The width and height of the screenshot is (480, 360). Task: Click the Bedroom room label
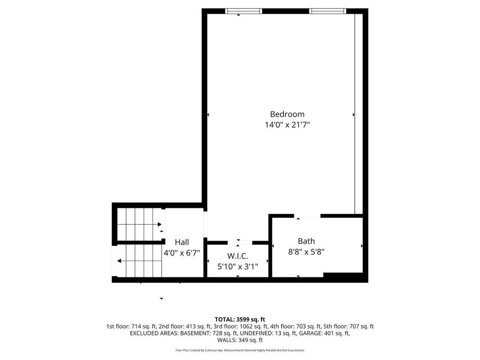click(x=287, y=114)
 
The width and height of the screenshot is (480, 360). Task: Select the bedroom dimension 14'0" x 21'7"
click(x=287, y=125)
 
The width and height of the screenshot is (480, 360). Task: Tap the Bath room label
click(x=306, y=241)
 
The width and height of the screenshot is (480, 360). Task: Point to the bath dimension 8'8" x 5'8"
click(x=306, y=252)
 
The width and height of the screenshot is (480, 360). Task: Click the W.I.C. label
click(x=238, y=256)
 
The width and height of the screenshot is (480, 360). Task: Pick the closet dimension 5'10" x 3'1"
click(x=238, y=267)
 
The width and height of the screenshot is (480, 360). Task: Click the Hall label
click(x=182, y=242)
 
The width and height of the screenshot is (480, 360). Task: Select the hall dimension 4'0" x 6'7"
click(x=182, y=253)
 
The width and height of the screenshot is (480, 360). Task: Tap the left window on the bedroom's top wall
click(x=244, y=11)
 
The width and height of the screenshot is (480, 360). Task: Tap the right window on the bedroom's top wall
click(x=328, y=11)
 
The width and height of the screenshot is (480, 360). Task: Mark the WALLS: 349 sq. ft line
click(x=240, y=340)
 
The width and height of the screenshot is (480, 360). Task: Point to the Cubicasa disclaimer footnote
click(x=240, y=350)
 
